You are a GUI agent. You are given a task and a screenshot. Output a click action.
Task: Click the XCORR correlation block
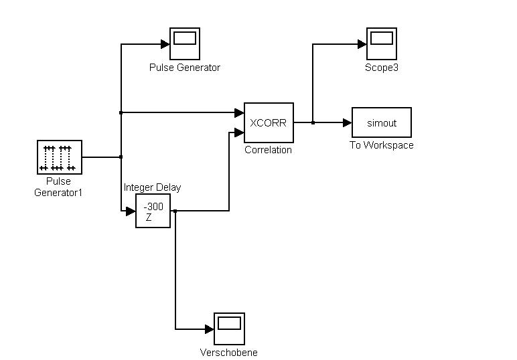click(269, 122)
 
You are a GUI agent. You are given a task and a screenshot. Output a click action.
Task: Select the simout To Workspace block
click(382, 122)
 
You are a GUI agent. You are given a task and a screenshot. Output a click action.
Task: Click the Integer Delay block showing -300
click(153, 211)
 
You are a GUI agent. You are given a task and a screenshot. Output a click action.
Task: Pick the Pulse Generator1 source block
click(59, 157)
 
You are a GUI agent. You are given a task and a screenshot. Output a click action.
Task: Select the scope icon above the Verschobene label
click(229, 329)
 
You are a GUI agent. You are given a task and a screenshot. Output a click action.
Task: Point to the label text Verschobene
click(229, 353)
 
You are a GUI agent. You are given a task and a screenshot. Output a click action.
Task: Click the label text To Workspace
click(382, 145)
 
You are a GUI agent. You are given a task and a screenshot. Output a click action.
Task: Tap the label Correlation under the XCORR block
click(269, 150)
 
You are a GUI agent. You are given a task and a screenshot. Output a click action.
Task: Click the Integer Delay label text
click(152, 187)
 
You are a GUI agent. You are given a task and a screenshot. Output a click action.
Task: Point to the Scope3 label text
click(382, 68)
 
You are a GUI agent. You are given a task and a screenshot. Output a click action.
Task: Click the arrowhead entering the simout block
click(347, 122)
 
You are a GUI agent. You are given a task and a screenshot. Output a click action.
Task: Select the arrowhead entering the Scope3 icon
click(362, 44)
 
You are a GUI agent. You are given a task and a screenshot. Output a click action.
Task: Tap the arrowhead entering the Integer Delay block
click(131, 211)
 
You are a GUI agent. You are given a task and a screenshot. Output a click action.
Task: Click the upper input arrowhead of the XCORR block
click(239, 112)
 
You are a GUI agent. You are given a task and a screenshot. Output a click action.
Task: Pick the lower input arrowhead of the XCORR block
click(239, 132)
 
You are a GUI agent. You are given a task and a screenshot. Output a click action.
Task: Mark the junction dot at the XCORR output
click(313, 122)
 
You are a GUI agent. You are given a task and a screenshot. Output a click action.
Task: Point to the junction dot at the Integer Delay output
click(175, 211)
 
